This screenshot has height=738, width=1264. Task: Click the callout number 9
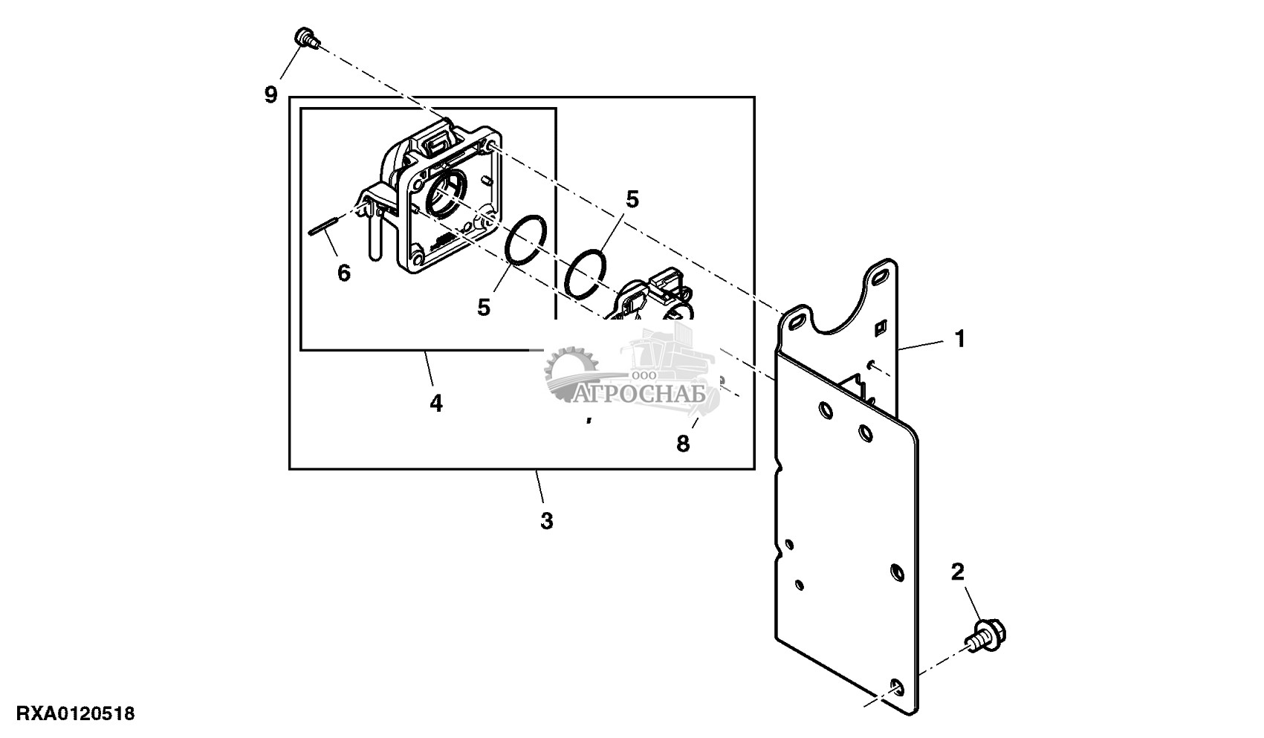[270, 94]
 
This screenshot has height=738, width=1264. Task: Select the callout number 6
[343, 273]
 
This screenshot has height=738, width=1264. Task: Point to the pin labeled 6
[324, 224]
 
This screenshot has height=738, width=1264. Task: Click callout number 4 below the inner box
[436, 404]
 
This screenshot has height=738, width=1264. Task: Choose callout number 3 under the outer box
[546, 521]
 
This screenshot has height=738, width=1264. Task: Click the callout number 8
[683, 443]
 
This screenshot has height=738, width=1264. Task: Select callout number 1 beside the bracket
[960, 340]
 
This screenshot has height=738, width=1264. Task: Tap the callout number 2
[958, 572]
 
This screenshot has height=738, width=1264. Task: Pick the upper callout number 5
[632, 199]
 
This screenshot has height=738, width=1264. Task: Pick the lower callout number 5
[484, 307]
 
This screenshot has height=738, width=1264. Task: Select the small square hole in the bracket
[881, 326]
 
